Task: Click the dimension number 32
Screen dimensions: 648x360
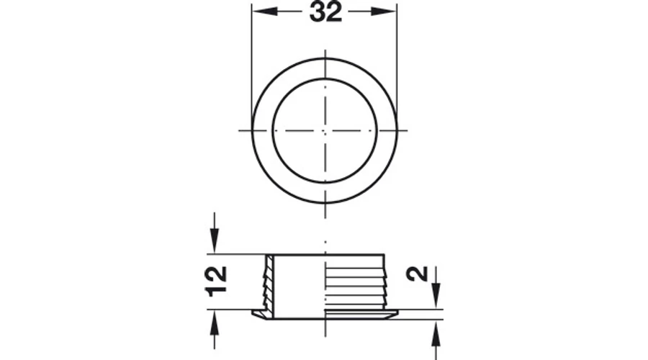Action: [325, 12]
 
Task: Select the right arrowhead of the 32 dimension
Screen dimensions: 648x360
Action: [384, 12]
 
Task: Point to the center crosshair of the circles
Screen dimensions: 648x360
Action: [325, 130]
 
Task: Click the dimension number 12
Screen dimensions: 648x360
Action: [216, 281]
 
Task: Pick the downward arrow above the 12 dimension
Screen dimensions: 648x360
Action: [214, 233]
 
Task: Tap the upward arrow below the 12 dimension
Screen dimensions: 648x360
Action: [214, 330]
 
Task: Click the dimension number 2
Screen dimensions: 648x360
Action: [418, 274]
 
